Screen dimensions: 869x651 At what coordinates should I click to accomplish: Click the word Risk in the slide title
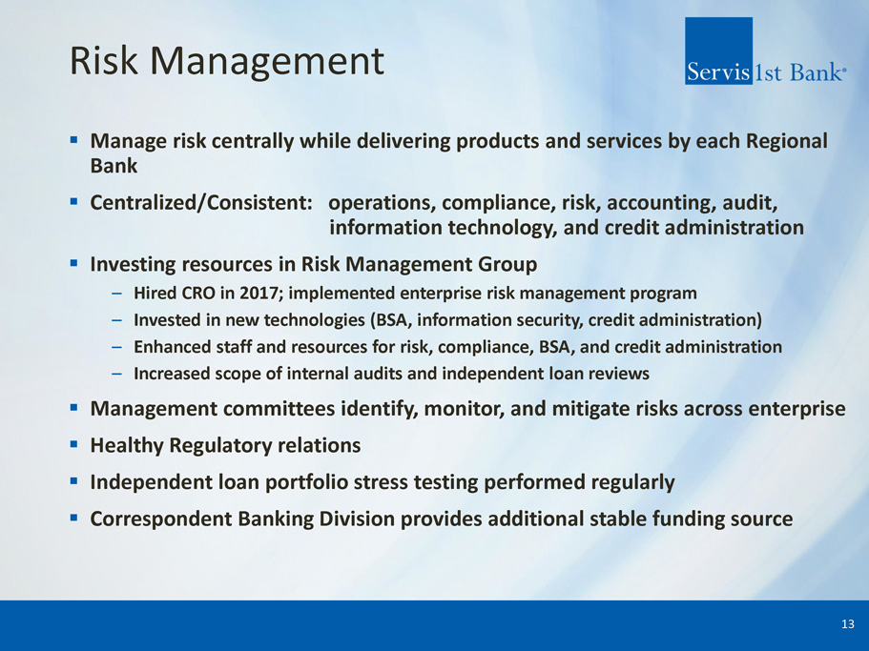[104, 60]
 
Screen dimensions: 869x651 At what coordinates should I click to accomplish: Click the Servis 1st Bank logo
[765, 51]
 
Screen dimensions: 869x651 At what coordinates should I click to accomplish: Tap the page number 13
[847, 624]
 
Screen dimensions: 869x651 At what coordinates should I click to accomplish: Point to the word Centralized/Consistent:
[201, 203]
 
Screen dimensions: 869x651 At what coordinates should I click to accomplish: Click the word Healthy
[127, 446]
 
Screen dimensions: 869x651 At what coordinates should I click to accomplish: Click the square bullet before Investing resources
[73, 263]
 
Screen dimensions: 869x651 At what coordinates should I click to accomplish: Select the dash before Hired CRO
[116, 294]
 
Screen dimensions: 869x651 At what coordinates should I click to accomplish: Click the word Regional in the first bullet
[787, 141]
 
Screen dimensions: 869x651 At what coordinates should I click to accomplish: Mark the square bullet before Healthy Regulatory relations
[73, 444]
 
